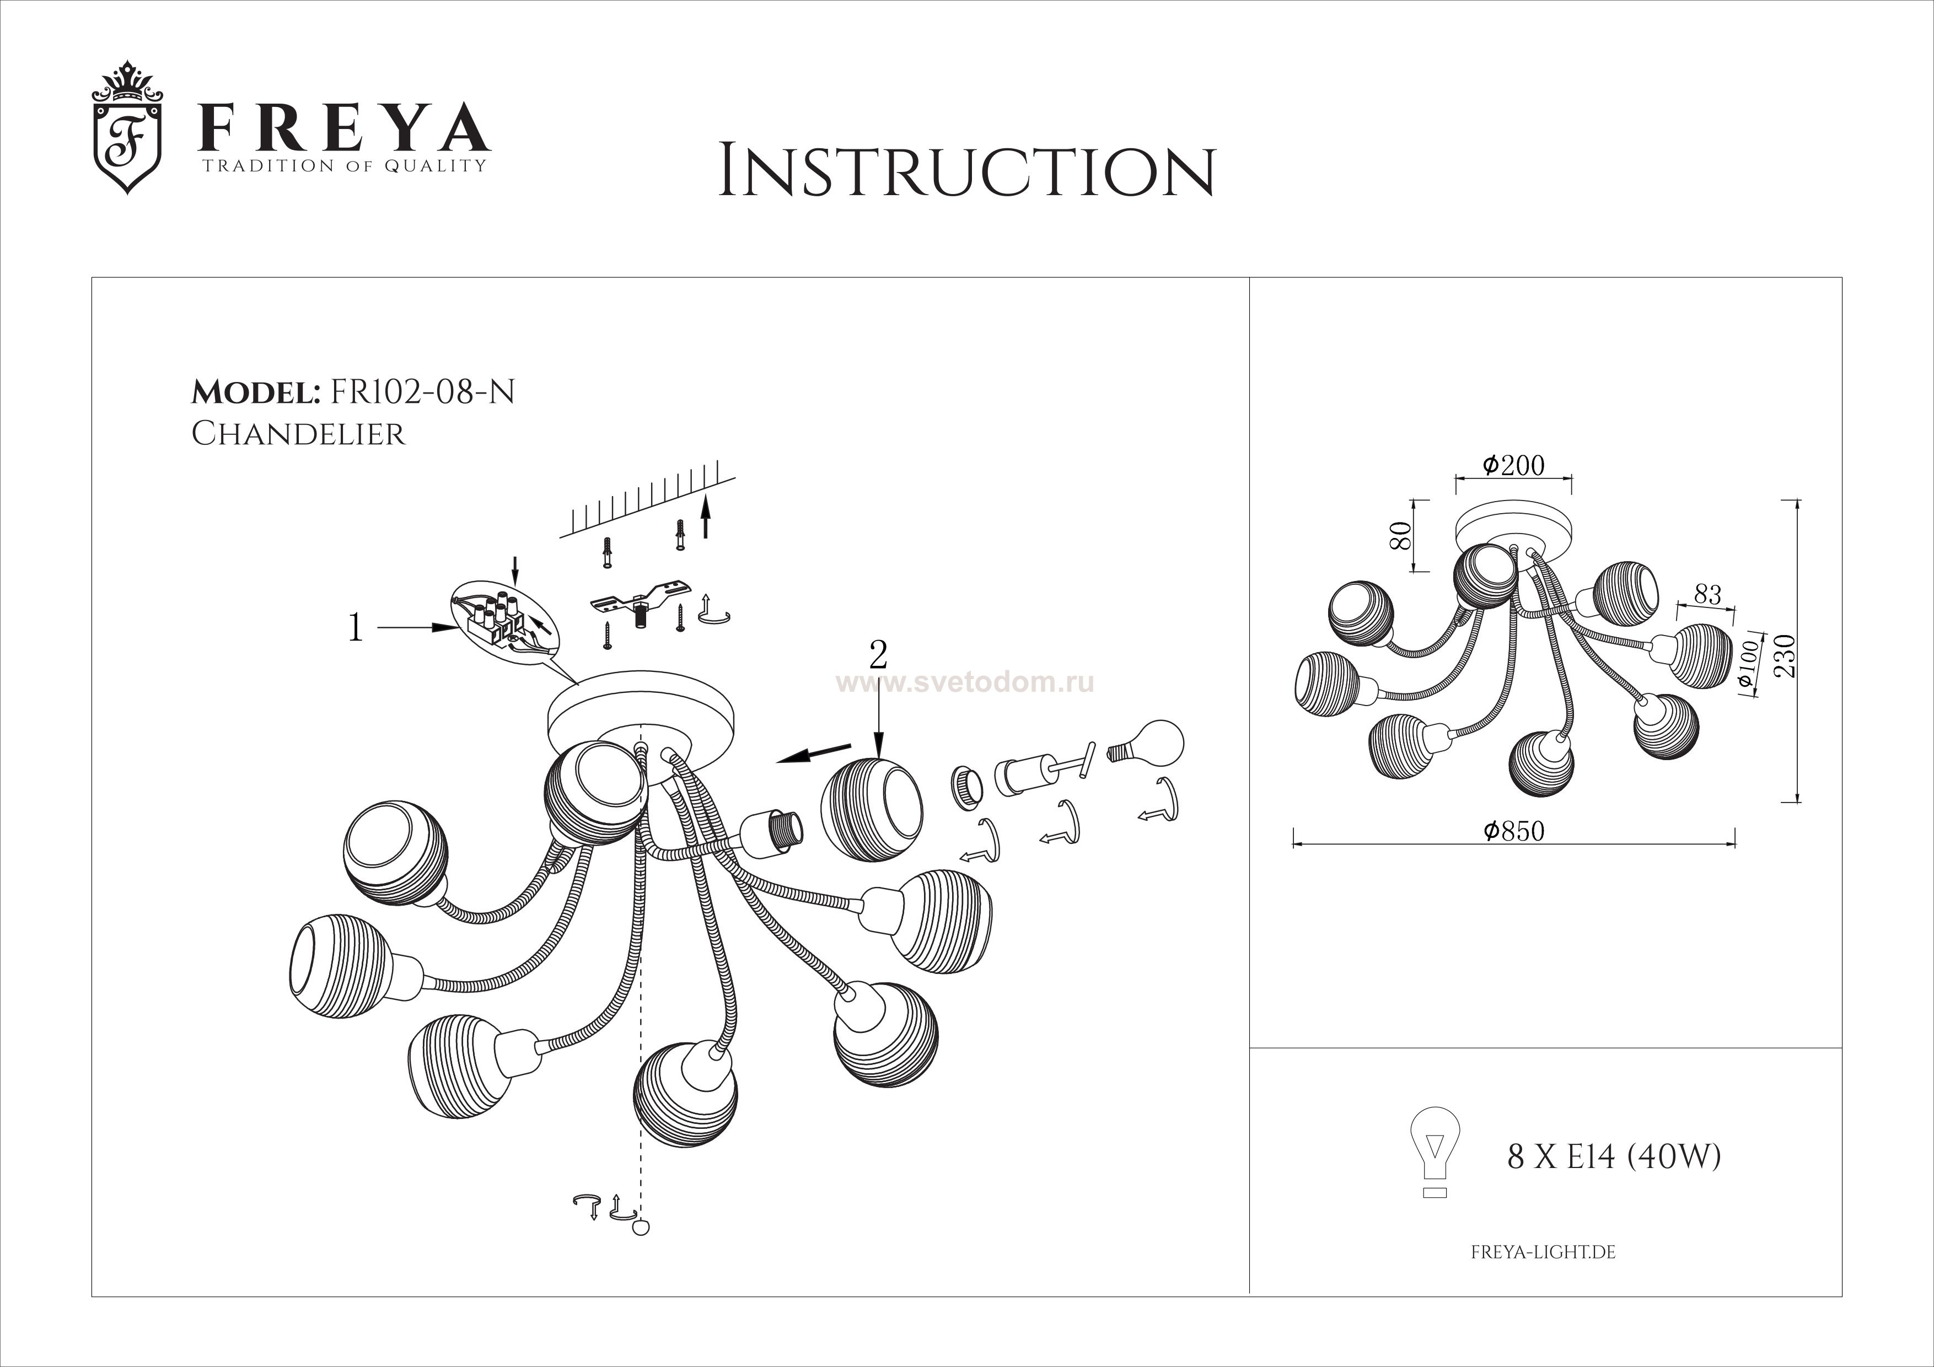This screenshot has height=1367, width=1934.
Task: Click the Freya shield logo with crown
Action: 127,127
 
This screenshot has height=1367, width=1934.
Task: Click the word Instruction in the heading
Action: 967,172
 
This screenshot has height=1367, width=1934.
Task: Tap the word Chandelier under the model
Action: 298,434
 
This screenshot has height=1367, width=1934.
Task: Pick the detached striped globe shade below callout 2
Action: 871,810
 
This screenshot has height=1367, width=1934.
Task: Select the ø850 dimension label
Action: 1514,831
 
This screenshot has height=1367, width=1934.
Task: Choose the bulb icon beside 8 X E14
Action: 1435,1151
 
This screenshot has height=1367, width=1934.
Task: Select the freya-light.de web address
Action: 1543,1252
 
